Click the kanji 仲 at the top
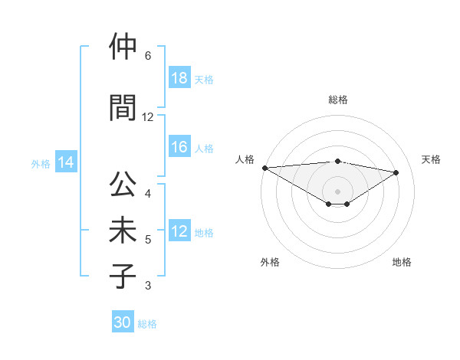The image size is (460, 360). [x=123, y=47]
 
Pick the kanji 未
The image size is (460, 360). [x=123, y=231]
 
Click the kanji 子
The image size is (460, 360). [x=123, y=276]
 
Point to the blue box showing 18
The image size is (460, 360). [x=179, y=78]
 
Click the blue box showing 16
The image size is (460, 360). [x=179, y=148]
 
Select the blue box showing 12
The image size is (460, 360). [x=179, y=232]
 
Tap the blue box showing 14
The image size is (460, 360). [x=65, y=162]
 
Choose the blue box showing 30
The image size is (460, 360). [x=123, y=322]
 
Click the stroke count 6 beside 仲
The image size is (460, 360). [x=148, y=56]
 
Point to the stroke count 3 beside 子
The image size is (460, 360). [x=148, y=286]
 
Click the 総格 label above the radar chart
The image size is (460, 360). [x=338, y=100]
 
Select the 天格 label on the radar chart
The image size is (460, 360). [x=431, y=159]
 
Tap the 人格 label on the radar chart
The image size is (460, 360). [x=245, y=159]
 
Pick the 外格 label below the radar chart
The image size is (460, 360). [x=270, y=262]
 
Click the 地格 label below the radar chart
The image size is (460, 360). [x=402, y=262]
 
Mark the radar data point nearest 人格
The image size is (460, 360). [x=264, y=167]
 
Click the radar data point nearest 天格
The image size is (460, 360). [x=396, y=172]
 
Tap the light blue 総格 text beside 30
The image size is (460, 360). [x=147, y=324]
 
